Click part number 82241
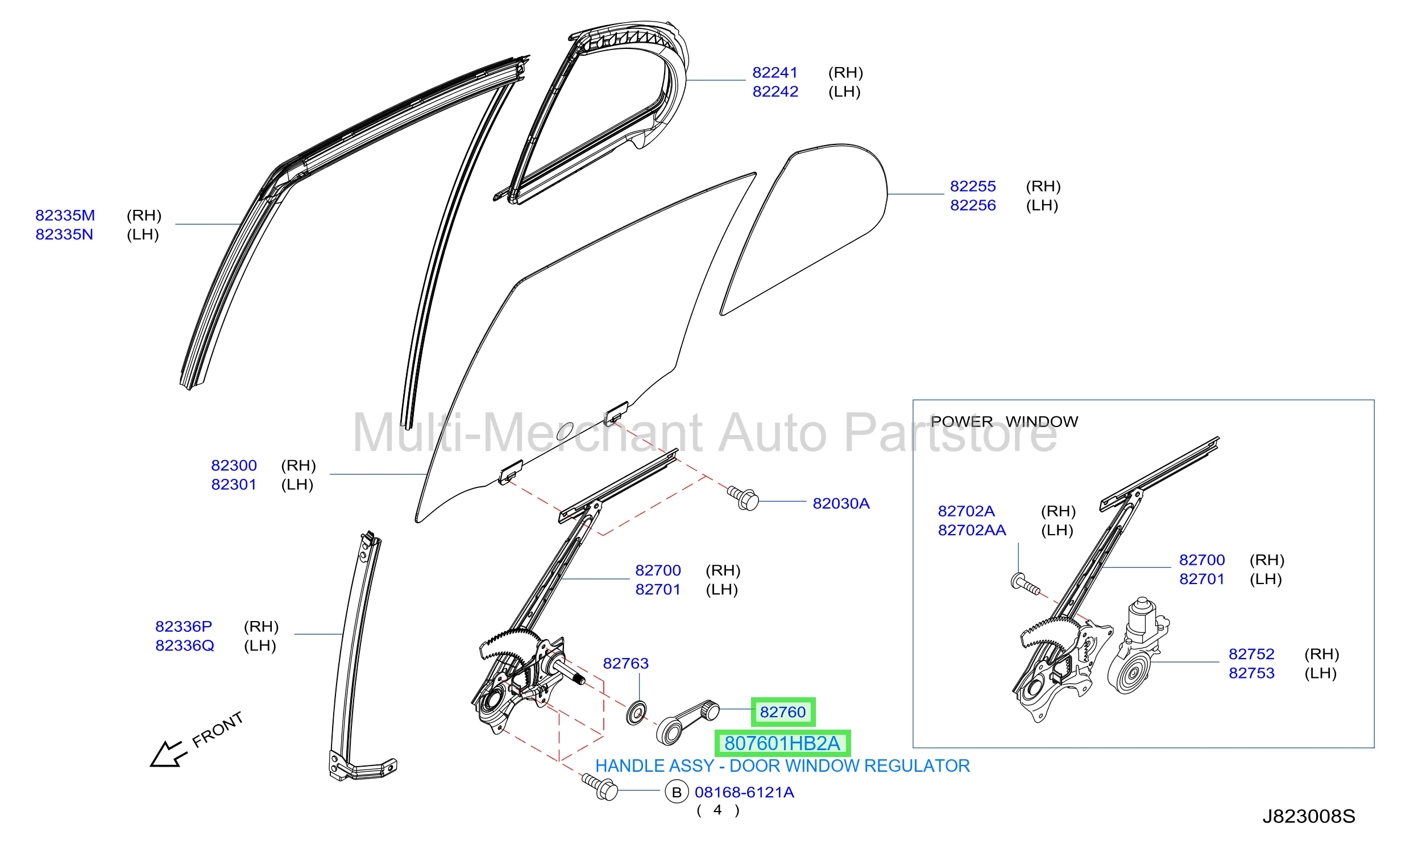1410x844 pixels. (x=775, y=73)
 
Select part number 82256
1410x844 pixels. (x=973, y=205)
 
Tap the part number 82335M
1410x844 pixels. (x=65, y=216)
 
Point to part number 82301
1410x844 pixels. (x=234, y=485)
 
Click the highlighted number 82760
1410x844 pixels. (x=783, y=712)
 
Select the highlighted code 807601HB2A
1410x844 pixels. (x=782, y=743)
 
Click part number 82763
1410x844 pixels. (x=625, y=664)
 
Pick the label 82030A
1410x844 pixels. (x=841, y=503)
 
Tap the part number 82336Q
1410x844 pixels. (x=185, y=646)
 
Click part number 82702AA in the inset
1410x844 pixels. (x=972, y=530)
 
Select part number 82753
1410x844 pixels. (x=1251, y=673)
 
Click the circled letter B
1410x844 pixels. (x=677, y=792)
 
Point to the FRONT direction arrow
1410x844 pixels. (x=169, y=754)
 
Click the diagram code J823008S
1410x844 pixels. (x=1309, y=817)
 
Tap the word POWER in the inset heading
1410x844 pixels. (x=962, y=421)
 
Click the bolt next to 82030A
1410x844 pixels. (x=743, y=498)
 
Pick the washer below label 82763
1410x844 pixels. (x=636, y=713)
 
